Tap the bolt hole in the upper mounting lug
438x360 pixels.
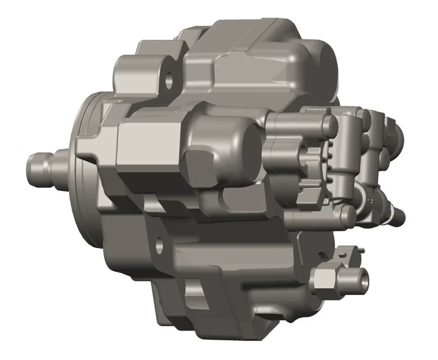tap(169, 81)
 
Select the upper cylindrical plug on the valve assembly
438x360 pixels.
tap(329, 123)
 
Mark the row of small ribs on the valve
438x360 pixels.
tap(329, 161)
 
